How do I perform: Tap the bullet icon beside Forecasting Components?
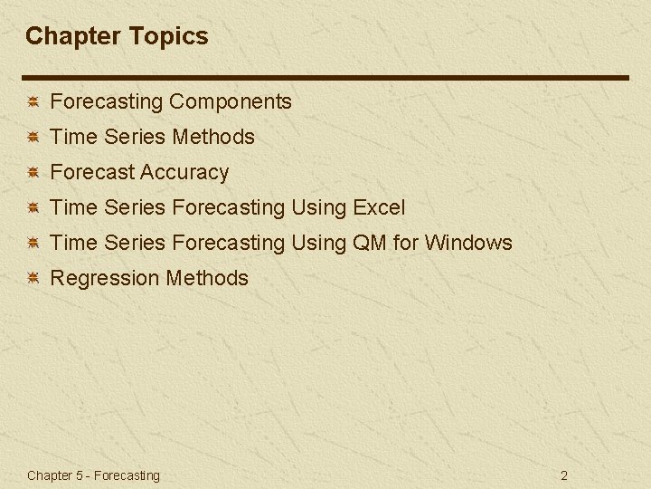[32, 102]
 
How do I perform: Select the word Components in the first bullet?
[231, 101]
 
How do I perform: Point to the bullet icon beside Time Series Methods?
[32, 138]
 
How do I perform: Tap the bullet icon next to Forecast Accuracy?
[32, 173]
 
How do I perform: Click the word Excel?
[379, 207]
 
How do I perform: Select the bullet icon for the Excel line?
[32, 208]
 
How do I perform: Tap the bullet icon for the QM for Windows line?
[32, 244]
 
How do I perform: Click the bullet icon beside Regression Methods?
[32, 279]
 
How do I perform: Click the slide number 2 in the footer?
[564, 475]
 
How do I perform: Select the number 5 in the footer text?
[80, 475]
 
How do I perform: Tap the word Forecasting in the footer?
[127, 475]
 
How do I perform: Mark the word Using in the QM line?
[319, 243]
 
